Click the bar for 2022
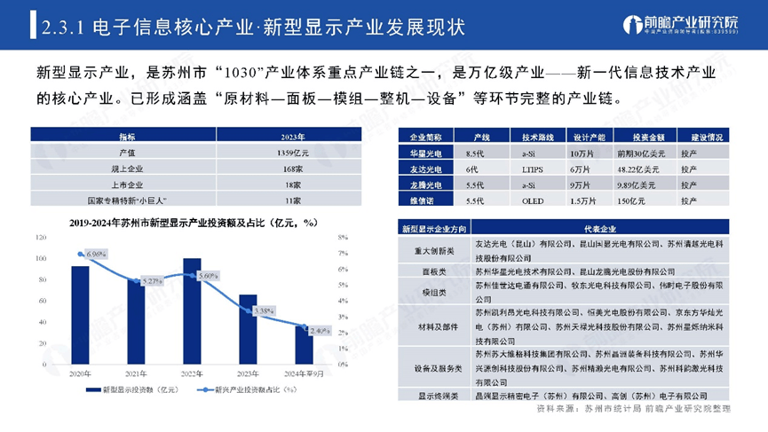point(192,311)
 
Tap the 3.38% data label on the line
point(263,311)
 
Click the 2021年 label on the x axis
point(136,373)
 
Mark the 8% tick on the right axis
point(343,237)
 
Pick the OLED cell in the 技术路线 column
point(533,201)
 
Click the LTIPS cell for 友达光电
point(533,169)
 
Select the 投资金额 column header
point(623,137)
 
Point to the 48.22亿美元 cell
point(623,169)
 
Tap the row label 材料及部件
point(430,327)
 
